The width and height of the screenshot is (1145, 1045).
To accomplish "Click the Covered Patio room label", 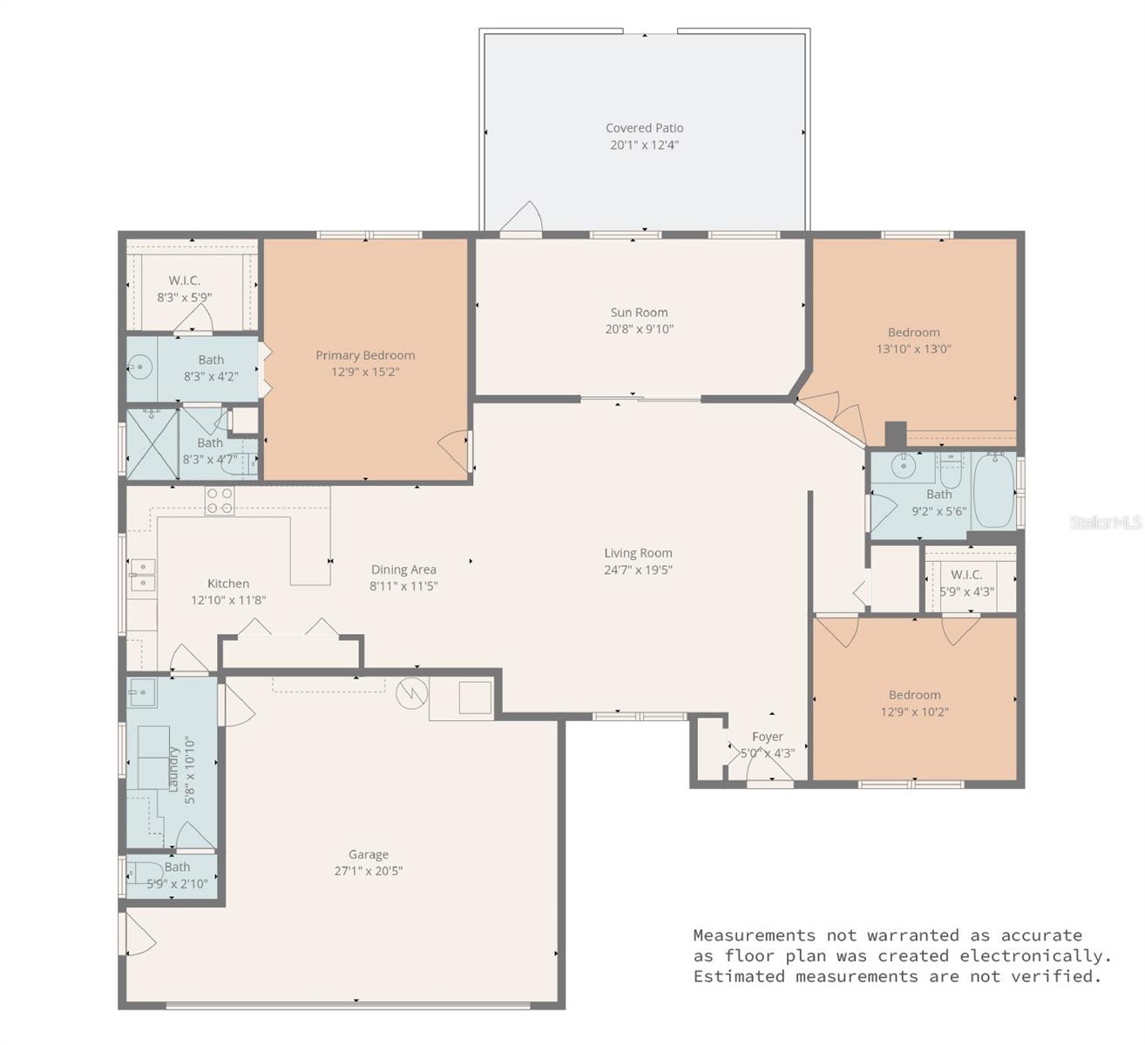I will (644, 128).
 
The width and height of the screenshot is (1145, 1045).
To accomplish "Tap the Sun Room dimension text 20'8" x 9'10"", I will (639, 329).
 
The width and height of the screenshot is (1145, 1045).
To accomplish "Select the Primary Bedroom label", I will (365, 355).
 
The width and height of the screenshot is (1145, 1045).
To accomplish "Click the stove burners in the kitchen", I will (220, 500).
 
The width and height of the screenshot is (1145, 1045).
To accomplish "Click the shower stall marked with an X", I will (152, 444).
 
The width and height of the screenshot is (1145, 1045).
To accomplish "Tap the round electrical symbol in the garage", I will (409, 694).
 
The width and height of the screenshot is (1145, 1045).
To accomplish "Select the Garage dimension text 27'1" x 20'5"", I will (369, 871).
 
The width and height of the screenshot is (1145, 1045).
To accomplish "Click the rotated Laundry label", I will (173, 769).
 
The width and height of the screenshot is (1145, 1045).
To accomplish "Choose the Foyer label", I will (767, 737).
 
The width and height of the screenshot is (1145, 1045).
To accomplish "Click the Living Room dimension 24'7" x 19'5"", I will (638, 570).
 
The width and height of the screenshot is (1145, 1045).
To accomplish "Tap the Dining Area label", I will (403, 570).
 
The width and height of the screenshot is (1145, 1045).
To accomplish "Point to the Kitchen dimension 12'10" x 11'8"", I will (228, 600).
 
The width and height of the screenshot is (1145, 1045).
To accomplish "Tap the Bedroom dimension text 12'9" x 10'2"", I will (914, 711).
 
